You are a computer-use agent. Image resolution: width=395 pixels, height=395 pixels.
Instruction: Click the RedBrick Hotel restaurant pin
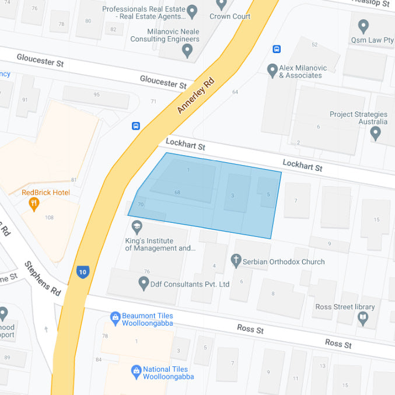[34, 204]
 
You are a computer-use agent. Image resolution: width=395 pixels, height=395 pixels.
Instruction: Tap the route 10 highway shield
[83, 271]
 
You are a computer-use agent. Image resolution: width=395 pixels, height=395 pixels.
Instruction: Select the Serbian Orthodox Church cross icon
[236, 260]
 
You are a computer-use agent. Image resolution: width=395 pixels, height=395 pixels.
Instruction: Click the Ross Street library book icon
[363, 318]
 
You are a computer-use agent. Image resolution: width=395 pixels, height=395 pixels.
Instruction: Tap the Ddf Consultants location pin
[144, 284]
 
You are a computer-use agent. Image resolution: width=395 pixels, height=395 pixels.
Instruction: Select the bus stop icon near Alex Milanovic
[277, 50]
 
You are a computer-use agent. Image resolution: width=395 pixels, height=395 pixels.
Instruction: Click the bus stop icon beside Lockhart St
[136, 125]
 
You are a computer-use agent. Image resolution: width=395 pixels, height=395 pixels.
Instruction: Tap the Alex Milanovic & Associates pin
[272, 71]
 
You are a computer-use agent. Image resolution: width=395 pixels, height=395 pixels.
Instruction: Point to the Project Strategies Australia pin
[375, 134]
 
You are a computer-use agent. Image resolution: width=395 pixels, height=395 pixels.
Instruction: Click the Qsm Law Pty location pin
[363, 26]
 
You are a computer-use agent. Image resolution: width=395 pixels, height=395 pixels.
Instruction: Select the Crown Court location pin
[221, 5]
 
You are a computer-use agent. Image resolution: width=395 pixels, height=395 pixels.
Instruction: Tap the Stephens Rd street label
[43, 278]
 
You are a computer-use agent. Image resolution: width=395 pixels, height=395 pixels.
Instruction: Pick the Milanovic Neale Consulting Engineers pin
[187, 51]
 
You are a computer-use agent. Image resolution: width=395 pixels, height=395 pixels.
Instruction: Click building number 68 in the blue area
[177, 192]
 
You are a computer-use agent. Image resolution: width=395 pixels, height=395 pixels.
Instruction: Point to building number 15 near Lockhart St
[377, 219]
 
